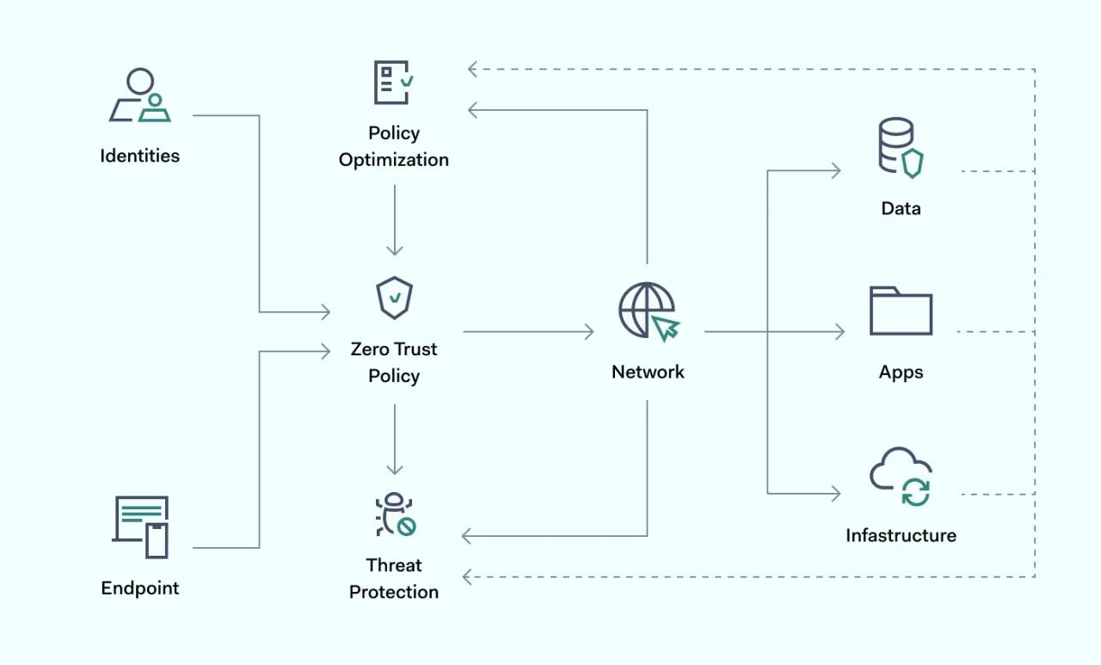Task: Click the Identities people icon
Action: [140, 95]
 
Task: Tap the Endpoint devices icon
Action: [140, 526]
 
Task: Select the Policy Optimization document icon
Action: [393, 83]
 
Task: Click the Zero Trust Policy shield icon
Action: [394, 298]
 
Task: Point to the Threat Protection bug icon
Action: [395, 514]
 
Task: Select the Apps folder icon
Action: [901, 311]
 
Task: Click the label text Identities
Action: [140, 156]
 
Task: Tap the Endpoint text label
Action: [140, 588]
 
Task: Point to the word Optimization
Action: [394, 160]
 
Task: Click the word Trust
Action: [415, 349]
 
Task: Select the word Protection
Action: [394, 592]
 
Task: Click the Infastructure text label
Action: [901, 535]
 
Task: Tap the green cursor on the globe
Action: [666, 328]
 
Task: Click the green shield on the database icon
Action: [913, 163]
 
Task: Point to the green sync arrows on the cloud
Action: [916, 492]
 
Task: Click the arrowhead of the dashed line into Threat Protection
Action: [467, 577]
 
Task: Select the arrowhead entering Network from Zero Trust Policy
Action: [589, 332]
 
